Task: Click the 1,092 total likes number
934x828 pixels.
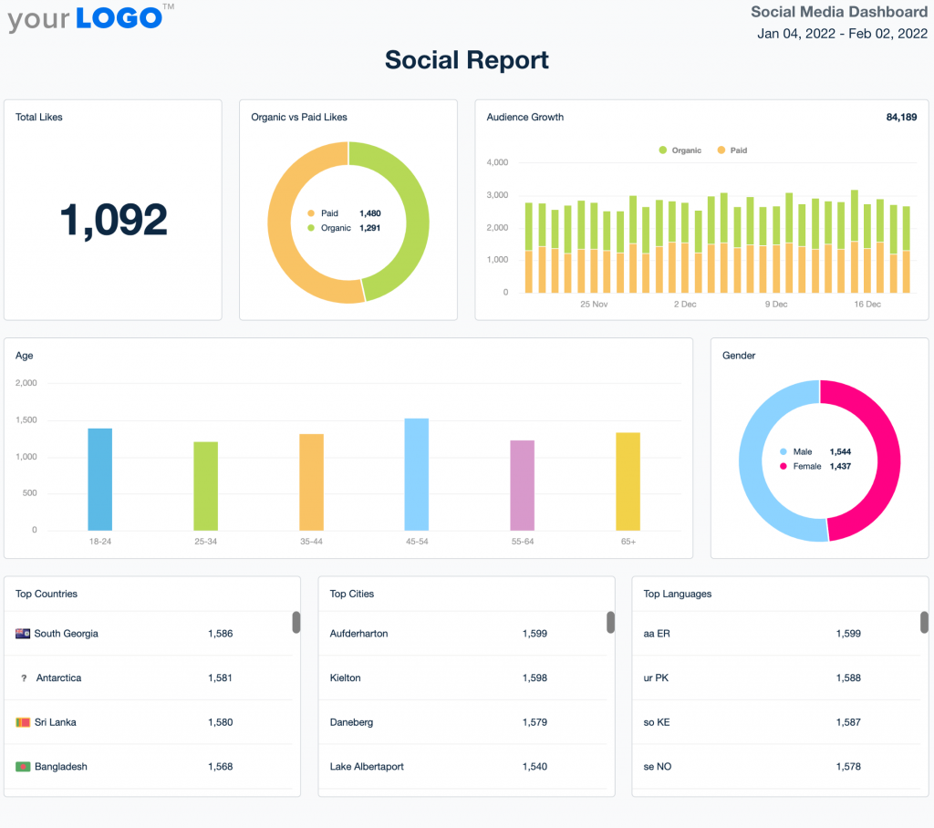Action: click(113, 221)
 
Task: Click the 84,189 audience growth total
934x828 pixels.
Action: click(901, 117)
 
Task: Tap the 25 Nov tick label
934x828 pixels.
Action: click(594, 305)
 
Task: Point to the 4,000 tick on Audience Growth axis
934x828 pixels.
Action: click(497, 163)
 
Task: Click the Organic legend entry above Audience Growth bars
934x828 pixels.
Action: click(680, 150)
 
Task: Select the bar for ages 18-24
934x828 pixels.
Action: click(100, 479)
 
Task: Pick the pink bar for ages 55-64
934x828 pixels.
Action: click(522, 485)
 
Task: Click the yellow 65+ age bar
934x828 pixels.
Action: click(628, 481)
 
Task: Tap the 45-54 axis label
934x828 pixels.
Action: click(416, 542)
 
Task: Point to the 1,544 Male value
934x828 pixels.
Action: click(840, 451)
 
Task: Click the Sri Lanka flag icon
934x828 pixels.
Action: click(23, 722)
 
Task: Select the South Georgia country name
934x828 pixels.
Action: click(66, 634)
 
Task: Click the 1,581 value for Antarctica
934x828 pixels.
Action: click(220, 678)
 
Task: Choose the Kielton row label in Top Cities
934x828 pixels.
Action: click(345, 678)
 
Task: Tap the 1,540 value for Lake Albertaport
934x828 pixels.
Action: click(534, 767)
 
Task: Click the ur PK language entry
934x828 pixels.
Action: click(657, 678)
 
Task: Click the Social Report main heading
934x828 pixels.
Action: click(467, 60)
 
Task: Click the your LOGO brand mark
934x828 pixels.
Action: click(87, 17)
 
